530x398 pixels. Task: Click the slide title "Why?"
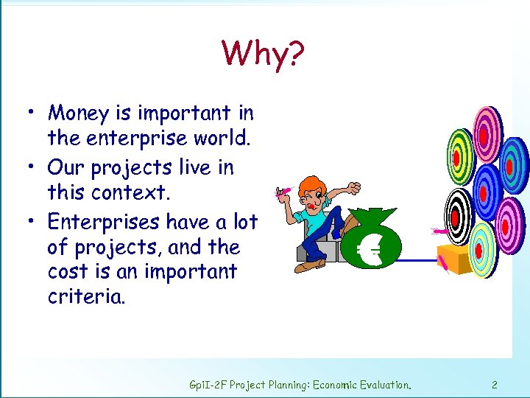pos(263,53)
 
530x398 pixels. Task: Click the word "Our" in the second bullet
pos(68,167)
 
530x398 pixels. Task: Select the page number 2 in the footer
pos(495,384)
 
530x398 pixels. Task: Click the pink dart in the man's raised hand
pos(282,193)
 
